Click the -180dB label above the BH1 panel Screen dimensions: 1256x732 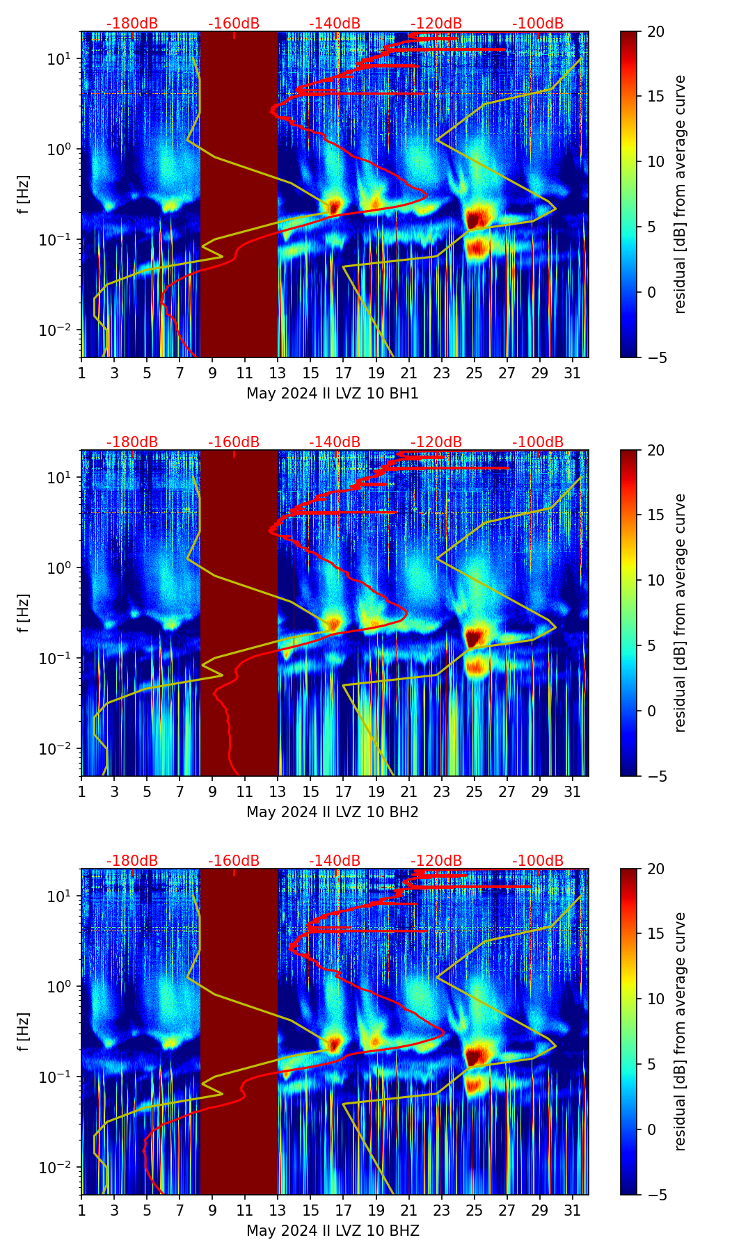[x=132, y=24]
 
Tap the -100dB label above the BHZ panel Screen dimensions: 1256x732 [x=538, y=861]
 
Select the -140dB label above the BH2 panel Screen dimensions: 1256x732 [x=335, y=442]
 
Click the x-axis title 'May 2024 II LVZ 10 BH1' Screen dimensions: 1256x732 [x=333, y=394]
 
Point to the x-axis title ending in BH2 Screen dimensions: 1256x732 [x=333, y=812]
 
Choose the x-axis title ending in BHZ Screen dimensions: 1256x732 [x=333, y=1231]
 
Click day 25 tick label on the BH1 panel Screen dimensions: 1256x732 [x=474, y=373]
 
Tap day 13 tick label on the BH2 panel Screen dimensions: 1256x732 [x=278, y=792]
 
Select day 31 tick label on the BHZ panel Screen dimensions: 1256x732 [x=572, y=1211]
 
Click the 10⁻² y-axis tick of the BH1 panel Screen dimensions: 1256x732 [x=57, y=330]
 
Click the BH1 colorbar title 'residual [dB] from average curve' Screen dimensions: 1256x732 [x=680, y=194]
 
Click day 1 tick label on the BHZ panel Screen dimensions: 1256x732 [x=81, y=1211]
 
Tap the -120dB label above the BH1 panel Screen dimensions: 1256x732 [x=436, y=24]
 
